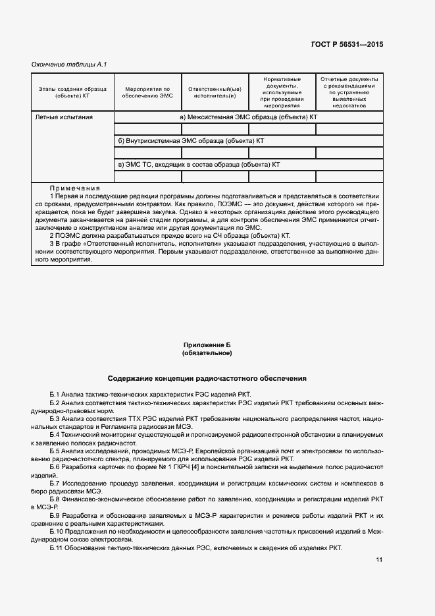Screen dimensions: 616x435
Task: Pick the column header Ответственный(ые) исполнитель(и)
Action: pyautogui.click(x=215, y=92)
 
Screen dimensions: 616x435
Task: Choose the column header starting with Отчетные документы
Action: pyautogui.click(x=349, y=92)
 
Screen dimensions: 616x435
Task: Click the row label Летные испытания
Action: pyautogui.click(x=63, y=117)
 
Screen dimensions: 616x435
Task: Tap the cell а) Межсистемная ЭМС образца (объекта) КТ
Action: pyautogui.click(x=249, y=117)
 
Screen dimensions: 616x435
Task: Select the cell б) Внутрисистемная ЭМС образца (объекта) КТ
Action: pyautogui.click(x=191, y=141)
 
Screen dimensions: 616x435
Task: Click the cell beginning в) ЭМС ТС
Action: pyautogui.click(x=199, y=165)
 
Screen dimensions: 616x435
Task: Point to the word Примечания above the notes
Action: pyautogui.click(x=74, y=188)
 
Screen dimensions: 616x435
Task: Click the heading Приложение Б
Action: pyautogui.click(x=207, y=345)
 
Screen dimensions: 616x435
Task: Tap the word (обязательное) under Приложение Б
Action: pyautogui.click(x=207, y=353)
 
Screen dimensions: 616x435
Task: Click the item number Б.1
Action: pyautogui.click(x=55, y=393)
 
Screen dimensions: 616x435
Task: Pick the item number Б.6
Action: pyautogui.click(x=55, y=466)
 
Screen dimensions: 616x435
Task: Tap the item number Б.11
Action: pyautogui.click(x=57, y=549)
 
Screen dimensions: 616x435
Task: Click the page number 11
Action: pyautogui.click(x=379, y=560)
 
